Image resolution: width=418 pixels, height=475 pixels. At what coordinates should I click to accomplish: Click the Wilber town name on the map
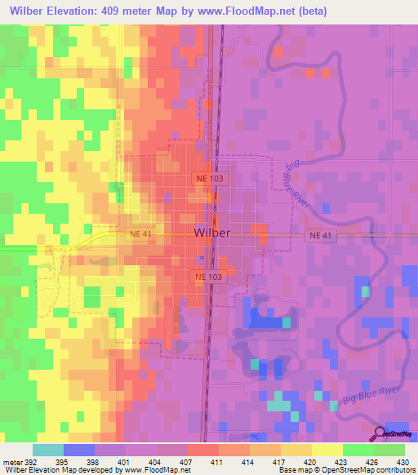click(x=212, y=233)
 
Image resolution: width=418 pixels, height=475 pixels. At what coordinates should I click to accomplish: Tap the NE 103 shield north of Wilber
click(x=208, y=178)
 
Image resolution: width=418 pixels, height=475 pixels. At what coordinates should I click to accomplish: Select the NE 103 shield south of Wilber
click(x=208, y=277)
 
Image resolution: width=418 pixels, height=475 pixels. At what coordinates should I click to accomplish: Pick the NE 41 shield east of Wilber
click(x=320, y=236)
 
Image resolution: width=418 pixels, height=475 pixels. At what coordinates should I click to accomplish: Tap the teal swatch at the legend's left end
click(x=48, y=450)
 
